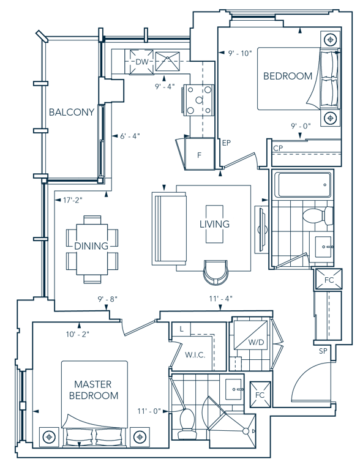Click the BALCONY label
[72, 112]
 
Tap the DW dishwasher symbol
[141, 62]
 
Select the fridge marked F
[199, 154]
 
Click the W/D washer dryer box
[251, 335]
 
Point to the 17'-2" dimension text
[72, 200]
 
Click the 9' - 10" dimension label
[240, 53]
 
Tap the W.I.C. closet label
[195, 355]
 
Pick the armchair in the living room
[216, 272]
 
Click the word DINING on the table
[91, 246]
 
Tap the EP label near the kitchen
[227, 143]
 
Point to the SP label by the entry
[323, 351]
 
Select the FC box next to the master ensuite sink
[260, 395]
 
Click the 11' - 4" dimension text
[221, 299]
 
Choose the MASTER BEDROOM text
[93, 390]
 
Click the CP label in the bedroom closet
[278, 148]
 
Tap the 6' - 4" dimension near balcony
[130, 136]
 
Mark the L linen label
[181, 329]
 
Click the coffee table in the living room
[214, 224]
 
